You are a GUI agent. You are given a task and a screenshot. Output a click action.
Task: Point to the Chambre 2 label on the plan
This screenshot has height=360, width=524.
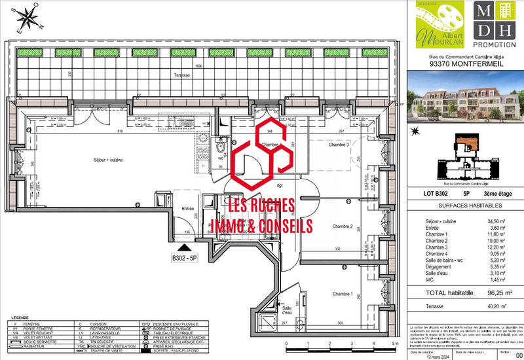click(343, 226)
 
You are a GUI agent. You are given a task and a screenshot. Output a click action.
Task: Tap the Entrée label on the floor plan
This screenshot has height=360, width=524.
click(189, 209)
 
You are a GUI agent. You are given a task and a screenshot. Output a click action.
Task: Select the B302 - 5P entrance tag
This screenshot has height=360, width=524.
click(185, 259)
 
